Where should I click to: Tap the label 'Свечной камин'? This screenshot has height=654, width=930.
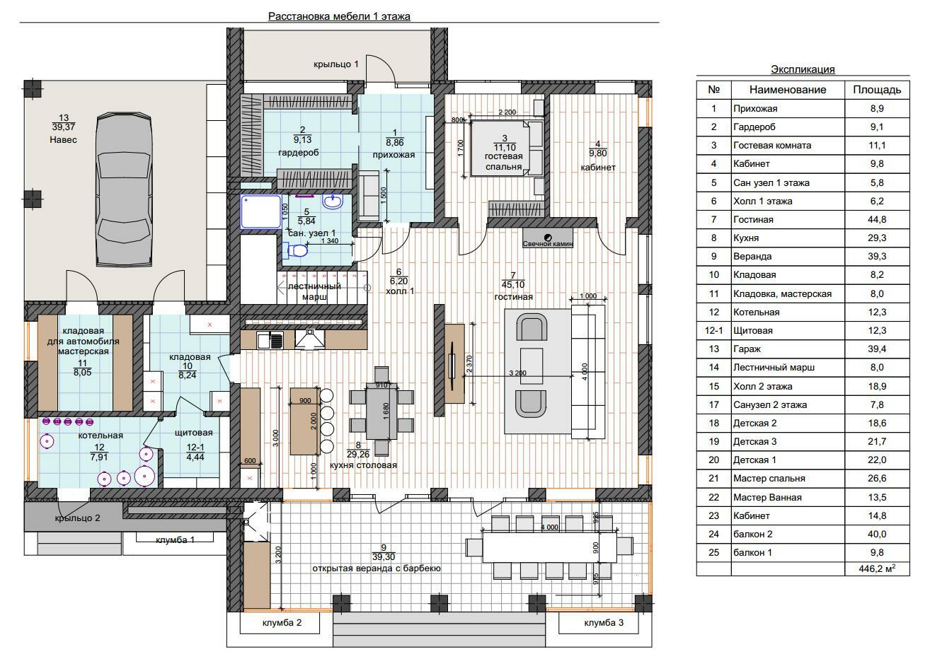click(548, 243)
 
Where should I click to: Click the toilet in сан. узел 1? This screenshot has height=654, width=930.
click(296, 250)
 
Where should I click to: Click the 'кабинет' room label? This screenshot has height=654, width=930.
click(598, 168)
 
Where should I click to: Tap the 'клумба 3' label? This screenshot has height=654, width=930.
click(604, 623)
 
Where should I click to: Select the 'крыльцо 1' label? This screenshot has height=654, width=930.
click(336, 64)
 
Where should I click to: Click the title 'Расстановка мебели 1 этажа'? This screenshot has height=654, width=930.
click(339, 16)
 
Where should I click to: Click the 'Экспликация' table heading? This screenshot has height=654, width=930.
click(803, 69)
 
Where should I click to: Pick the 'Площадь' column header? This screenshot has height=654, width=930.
click(876, 90)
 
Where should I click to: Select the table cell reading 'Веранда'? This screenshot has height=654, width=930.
click(752, 256)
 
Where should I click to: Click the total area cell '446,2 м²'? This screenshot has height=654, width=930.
click(876, 568)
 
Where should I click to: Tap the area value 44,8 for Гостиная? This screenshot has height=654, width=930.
click(876, 219)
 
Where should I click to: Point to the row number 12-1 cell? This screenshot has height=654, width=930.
click(713, 330)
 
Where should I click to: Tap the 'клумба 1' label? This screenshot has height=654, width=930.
click(175, 540)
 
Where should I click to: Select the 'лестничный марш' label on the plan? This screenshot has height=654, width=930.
click(315, 291)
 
